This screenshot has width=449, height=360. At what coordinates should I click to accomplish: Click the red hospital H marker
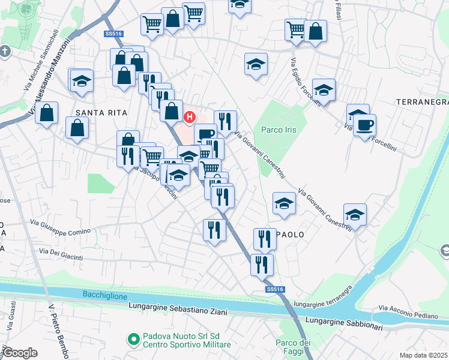pos(190,116)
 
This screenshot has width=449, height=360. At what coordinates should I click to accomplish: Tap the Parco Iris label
pos(279,130)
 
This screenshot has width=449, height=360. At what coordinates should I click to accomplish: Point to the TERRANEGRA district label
pos(422,103)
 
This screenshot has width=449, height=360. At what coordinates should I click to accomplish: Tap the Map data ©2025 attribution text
pos(423,355)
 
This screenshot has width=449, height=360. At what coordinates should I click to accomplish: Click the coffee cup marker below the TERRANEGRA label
pos(365,125)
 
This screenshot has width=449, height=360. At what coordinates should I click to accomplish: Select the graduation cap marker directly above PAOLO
pos(284,203)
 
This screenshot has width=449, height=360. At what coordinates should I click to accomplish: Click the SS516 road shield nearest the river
pos(274,290)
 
